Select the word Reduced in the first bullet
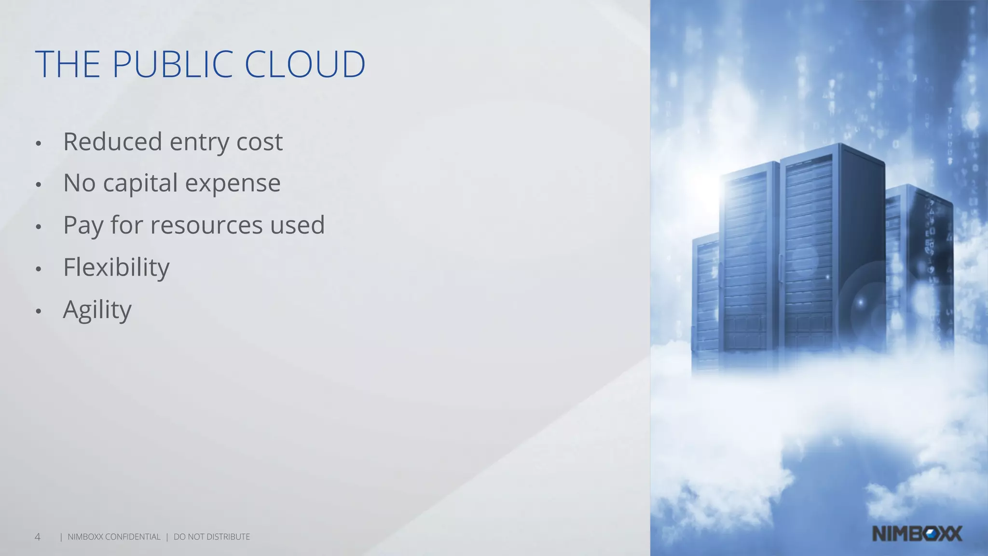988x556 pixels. [x=112, y=141]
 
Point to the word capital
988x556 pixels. [x=140, y=183]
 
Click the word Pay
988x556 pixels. [x=82, y=225]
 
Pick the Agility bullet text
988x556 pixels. [x=97, y=309]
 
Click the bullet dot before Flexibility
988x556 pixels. [x=39, y=269]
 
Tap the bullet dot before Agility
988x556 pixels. [x=39, y=311]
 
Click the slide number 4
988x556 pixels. [x=38, y=537]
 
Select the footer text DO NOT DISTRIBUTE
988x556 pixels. [x=212, y=537]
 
